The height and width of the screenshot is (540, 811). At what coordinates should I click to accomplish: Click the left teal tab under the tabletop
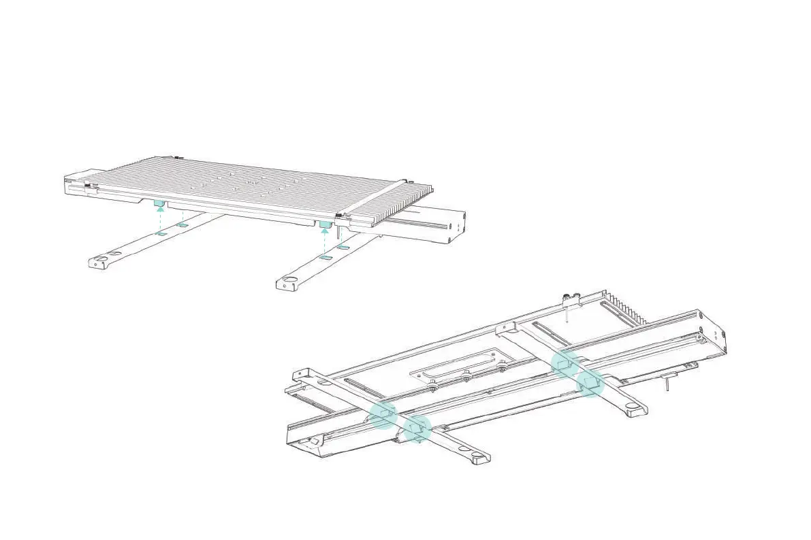159,203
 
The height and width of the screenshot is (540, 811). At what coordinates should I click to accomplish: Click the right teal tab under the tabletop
325,223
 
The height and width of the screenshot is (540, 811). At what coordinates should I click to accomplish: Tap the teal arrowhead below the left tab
160,210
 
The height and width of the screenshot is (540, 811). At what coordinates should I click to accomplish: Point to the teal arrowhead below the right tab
325,231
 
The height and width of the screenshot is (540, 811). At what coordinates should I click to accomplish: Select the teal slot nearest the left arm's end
161,233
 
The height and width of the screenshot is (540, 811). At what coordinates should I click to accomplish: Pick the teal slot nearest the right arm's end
325,258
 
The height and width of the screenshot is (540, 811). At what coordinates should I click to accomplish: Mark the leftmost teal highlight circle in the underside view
382,415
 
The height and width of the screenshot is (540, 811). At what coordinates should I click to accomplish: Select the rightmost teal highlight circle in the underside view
590,384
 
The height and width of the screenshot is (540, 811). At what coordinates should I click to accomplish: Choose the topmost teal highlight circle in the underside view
564,365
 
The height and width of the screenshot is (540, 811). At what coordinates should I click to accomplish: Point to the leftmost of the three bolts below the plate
434,386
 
